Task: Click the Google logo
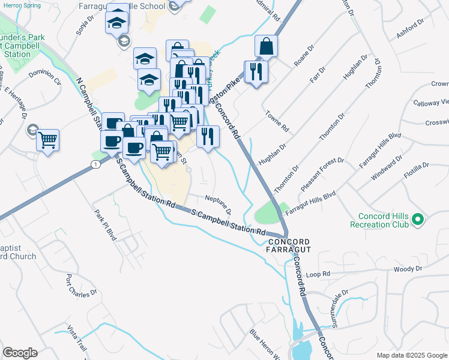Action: tap(20, 353)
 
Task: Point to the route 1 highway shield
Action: tap(95, 164)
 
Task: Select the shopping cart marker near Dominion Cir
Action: tap(48, 140)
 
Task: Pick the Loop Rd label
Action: tap(318, 274)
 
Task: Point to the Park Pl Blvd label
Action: tap(104, 223)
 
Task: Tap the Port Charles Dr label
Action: tap(82, 285)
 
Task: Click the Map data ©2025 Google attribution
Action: tap(412, 355)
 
